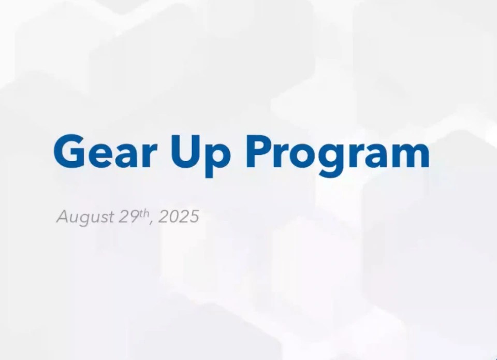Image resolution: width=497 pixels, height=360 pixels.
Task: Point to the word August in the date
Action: tap(85, 217)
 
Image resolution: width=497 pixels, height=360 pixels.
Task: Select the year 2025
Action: tap(179, 217)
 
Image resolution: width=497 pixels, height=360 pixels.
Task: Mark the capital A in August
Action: tap(63, 216)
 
